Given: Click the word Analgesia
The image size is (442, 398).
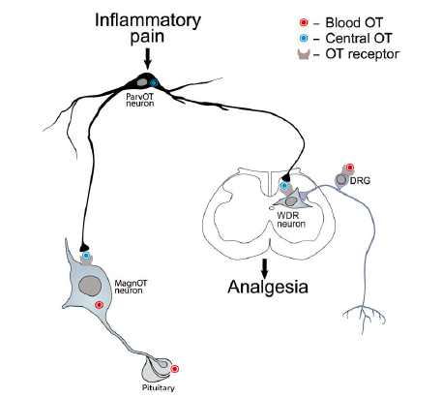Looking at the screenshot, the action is (x=268, y=287).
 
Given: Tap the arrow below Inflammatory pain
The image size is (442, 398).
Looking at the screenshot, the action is (x=148, y=59).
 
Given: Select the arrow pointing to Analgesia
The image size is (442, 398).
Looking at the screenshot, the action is (x=265, y=268).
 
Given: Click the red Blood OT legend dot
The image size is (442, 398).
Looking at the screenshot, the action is (x=304, y=22).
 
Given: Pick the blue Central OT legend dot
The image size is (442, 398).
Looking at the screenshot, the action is (x=304, y=38).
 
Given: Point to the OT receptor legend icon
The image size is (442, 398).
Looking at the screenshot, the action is (x=304, y=54).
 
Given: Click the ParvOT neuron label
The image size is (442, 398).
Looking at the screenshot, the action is (x=139, y=100).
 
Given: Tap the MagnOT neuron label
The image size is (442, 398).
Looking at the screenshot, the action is (x=131, y=287).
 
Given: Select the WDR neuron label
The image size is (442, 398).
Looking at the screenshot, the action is (x=291, y=220).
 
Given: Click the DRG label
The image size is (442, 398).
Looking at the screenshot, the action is (x=360, y=181).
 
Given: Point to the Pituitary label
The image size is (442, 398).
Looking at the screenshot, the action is (x=159, y=387).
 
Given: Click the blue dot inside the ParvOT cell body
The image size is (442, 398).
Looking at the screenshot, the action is (x=154, y=83).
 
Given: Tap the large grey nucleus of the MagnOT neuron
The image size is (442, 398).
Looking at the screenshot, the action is (x=90, y=286).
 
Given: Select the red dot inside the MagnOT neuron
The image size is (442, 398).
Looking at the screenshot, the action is (x=99, y=305).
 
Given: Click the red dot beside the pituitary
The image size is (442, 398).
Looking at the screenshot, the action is (x=175, y=369).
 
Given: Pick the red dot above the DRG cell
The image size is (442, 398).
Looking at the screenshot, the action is (x=350, y=168).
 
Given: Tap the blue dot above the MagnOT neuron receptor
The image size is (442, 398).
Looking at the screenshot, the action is (x=86, y=256).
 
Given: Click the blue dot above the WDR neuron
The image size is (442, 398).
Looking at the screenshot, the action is (x=284, y=185).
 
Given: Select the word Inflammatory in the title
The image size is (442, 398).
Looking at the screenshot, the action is (x=148, y=20).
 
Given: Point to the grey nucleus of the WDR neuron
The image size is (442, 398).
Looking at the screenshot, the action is (x=291, y=201).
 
